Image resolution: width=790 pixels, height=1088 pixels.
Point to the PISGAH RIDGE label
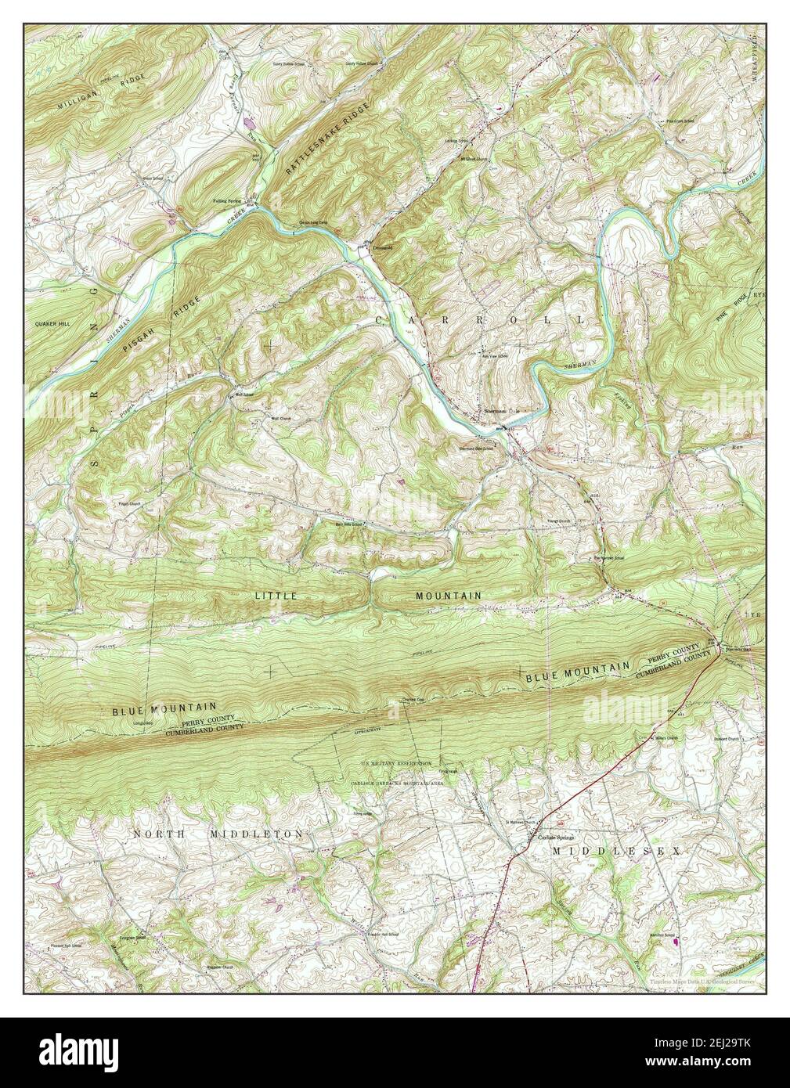click(x=156, y=330)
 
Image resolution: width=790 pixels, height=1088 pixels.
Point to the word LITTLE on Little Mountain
click(x=276, y=596)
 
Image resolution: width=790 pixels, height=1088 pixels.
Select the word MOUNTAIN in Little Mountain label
click(x=448, y=596)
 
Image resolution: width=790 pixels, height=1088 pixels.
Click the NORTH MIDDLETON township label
click(x=217, y=834)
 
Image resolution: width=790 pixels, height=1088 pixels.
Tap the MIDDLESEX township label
click(x=616, y=849)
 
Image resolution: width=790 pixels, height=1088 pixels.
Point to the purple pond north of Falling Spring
click(x=251, y=123)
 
